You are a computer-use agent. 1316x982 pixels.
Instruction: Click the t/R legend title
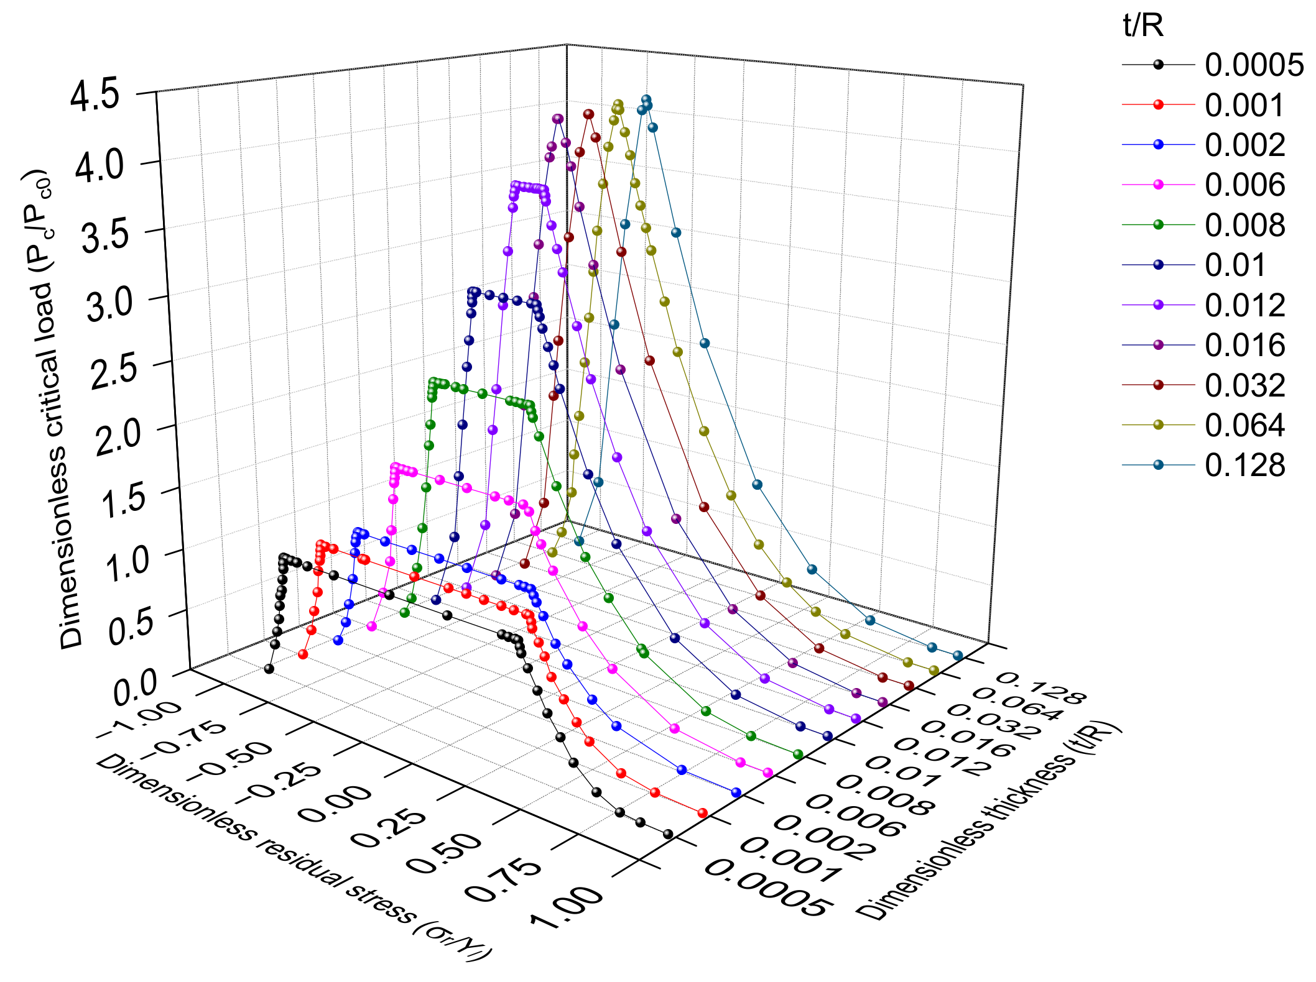point(1143,26)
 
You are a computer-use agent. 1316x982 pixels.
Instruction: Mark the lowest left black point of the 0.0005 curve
point(269,669)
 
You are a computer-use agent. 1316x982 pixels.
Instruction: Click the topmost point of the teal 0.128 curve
point(646,99)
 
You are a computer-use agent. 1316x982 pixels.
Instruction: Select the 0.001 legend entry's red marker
point(1159,104)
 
